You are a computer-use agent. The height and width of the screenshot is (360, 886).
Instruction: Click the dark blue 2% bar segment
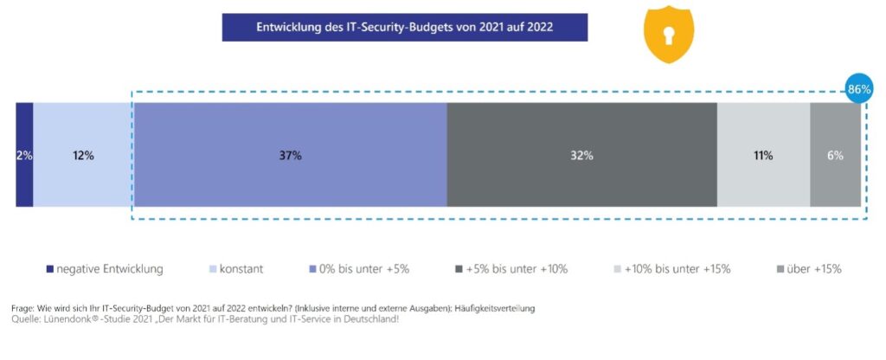pos(24,155)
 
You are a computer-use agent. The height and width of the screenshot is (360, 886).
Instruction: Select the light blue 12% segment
pos(83,155)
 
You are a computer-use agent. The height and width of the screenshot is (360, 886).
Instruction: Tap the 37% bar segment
pos(290,155)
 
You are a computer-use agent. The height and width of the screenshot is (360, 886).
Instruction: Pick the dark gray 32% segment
pos(581,155)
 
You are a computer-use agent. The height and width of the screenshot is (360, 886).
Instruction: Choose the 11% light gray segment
pos(763,155)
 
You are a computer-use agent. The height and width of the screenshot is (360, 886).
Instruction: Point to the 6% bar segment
pos(835,155)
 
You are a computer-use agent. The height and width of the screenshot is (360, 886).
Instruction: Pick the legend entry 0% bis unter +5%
pos(364,269)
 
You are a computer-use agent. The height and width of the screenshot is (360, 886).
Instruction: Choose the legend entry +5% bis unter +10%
pos(517,269)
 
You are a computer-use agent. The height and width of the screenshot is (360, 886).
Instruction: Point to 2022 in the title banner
pos(537,27)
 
